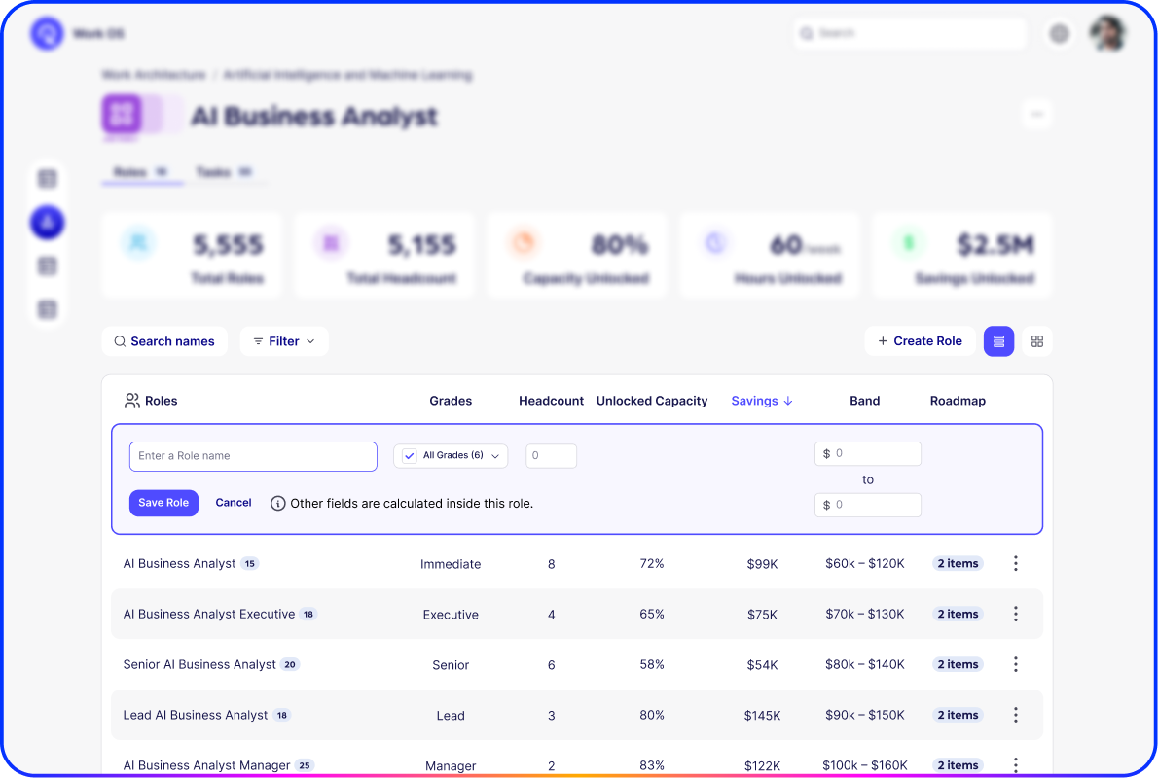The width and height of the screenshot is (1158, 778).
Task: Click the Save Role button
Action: point(163,503)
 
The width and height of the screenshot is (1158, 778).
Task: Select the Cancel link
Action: point(234,503)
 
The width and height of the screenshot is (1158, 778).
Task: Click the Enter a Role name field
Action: point(253,456)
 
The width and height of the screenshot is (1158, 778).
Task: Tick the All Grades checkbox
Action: point(410,456)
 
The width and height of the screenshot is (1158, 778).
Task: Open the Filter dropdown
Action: point(284,341)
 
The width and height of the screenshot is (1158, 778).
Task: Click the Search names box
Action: point(164,341)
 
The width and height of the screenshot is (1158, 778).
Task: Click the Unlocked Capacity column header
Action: point(652,401)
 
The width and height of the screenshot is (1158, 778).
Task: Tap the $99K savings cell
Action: point(762,564)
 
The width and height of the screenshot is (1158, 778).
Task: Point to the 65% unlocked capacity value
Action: point(652,615)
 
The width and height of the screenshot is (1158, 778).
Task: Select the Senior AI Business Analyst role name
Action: point(199,665)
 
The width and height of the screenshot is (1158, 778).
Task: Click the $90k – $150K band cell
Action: point(865,716)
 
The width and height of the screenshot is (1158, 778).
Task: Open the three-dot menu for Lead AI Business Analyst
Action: point(1015,716)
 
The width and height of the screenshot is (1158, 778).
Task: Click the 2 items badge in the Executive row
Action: point(958,615)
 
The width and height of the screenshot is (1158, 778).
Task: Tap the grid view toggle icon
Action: point(1037,341)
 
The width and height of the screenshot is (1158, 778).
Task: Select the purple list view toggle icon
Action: point(999,341)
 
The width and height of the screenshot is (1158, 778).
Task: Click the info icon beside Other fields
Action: point(278,504)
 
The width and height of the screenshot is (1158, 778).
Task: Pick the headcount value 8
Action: point(552,564)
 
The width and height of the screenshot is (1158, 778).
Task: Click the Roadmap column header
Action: point(958,401)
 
